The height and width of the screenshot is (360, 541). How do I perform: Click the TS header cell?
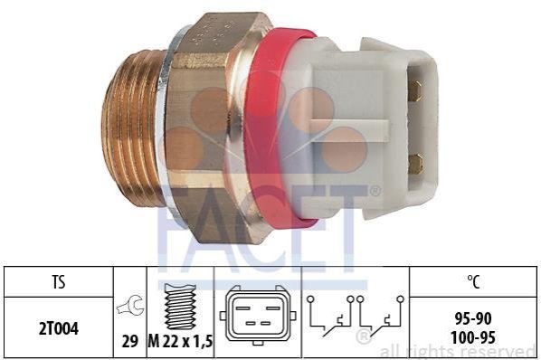[59, 281]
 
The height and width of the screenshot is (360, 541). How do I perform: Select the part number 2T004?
[59, 328]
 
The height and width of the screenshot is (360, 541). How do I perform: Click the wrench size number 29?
[129, 341]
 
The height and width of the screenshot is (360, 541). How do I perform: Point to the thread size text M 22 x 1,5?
[180, 341]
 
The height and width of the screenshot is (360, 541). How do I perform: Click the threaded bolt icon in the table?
[180, 307]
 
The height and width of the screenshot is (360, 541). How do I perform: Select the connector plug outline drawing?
[258, 315]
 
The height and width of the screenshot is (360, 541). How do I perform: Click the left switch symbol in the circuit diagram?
[330, 316]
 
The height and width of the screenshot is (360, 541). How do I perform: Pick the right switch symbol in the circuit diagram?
[380, 316]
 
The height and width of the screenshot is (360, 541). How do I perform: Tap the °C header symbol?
[473, 281]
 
